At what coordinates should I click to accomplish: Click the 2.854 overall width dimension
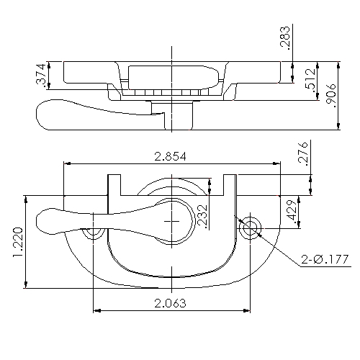(172, 156)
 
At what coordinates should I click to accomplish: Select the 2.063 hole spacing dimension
(172, 303)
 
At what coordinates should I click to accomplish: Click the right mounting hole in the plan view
(251, 228)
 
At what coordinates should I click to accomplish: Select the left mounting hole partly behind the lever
(93, 234)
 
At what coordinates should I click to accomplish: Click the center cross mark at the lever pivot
(172, 222)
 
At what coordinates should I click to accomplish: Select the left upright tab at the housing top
(114, 185)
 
